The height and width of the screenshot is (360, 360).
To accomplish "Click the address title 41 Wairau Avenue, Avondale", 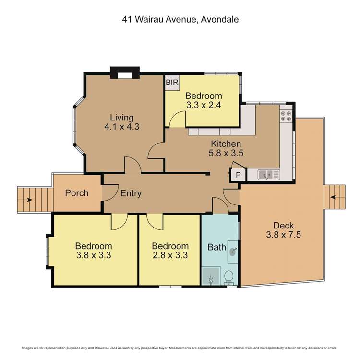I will click(x=180, y=20).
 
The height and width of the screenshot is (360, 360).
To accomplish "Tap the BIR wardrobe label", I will click(x=172, y=83).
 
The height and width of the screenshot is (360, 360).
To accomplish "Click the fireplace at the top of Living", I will click(x=124, y=73).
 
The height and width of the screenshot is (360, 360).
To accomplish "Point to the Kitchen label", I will click(x=226, y=144).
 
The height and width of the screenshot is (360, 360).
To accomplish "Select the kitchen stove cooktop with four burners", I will click(x=286, y=115).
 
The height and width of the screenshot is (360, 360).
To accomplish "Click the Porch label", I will click(x=77, y=193).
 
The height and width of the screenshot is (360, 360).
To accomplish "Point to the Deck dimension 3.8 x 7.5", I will click(x=283, y=235).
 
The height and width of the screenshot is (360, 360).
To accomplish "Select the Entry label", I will click(x=131, y=193).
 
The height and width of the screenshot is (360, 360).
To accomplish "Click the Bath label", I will click(x=216, y=248).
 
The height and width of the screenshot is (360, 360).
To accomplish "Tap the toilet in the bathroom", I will click(x=229, y=277).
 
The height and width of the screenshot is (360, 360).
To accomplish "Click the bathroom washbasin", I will click(x=233, y=251).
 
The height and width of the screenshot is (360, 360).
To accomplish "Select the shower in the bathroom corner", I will click(x=211, y=277).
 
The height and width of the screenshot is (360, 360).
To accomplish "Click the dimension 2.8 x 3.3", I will click(x=168, y=255).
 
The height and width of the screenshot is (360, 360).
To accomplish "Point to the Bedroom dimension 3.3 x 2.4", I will click(x=204, y=105).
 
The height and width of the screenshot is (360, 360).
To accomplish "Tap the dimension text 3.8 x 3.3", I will click(x=94, y=255).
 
